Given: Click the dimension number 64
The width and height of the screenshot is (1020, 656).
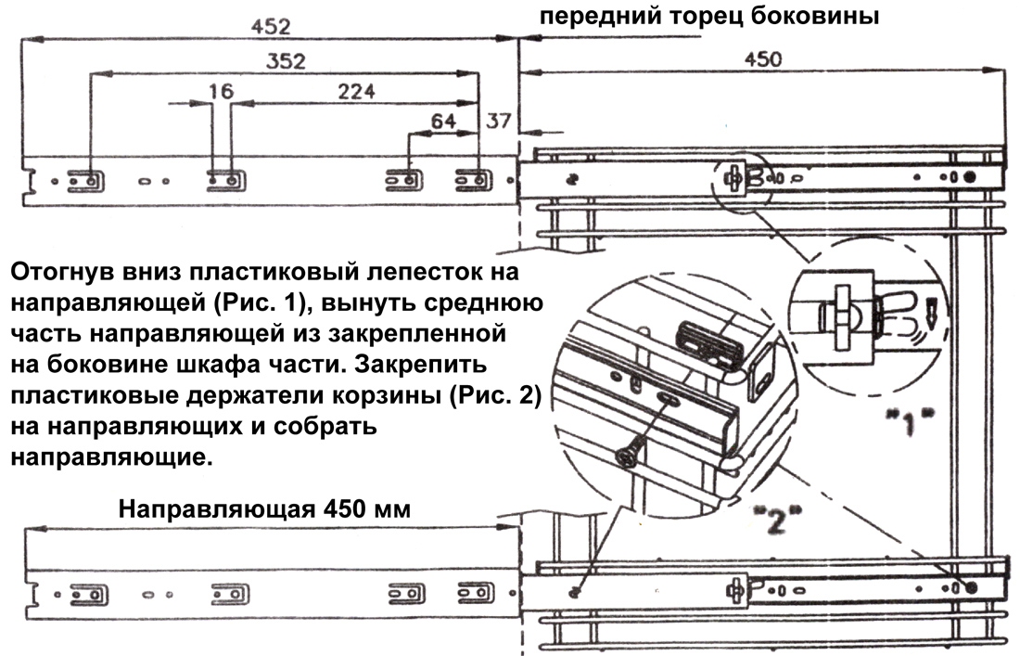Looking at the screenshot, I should point(443,122).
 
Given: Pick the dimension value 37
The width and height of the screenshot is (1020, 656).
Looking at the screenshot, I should point(498,122).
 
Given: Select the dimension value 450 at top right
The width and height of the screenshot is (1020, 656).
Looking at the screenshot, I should point(762,59).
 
